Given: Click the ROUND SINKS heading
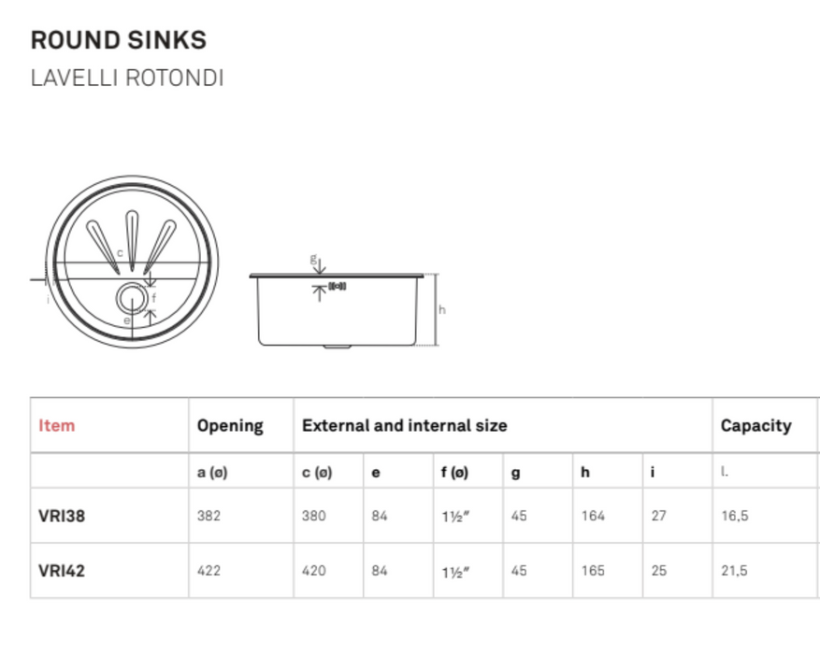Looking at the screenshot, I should [119, 40].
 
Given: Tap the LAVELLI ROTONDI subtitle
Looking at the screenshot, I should [127, 78].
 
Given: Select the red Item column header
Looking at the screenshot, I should [57, 426].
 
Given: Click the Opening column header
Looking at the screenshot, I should [230, 426].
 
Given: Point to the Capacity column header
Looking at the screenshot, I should [755, 426].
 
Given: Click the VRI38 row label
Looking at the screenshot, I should [62, 515].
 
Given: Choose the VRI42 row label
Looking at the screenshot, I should [62, 570].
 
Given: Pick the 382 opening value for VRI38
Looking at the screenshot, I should [209, 515].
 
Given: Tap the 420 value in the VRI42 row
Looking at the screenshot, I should [314, 570].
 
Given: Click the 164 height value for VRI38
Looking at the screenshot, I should [593, 515].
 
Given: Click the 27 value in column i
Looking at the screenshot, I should [659, 515].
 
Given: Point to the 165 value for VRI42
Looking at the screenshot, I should [593, 570].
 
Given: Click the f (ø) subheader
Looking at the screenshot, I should [455, 473].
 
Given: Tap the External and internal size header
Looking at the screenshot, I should [404, 426].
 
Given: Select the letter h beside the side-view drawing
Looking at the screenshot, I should [442, 309].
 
